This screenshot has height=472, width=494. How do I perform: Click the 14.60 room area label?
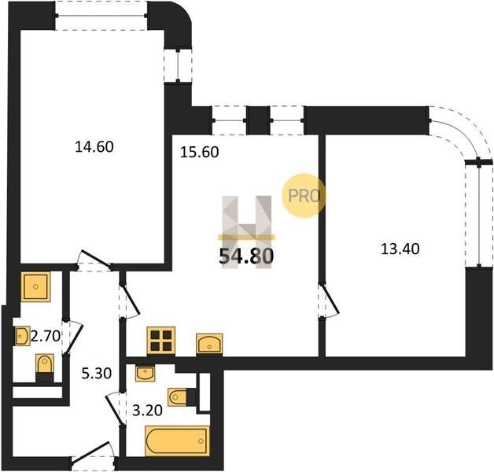click(x=94, y=147)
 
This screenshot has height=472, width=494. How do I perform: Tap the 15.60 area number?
click(x=200, y=153)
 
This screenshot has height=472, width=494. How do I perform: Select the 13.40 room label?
click(x=400, y=249)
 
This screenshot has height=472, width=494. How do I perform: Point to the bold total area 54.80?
click(x=246, y=256)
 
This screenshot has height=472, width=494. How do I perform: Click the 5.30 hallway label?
click(x=97, y=374)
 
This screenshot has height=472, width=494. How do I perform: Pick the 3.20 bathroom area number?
click(x=147, y=411)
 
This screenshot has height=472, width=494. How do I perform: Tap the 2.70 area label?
click(x=46, y=337)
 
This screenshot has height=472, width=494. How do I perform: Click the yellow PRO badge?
click(x=304, y=196)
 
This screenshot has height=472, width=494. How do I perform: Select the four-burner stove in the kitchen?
click(x=161, y=341)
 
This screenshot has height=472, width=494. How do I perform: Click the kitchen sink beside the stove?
click(x=209, y=344)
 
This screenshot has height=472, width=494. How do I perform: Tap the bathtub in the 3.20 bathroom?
click(x=177, y=441)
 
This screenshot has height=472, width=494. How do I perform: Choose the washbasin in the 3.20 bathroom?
click(x=145, y=374)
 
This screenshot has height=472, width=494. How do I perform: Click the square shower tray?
click(x=35, y=286)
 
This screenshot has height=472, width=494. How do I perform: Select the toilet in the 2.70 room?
click(x=44, y=367)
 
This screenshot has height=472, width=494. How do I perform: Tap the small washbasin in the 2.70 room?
click(x=23, y=336)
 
